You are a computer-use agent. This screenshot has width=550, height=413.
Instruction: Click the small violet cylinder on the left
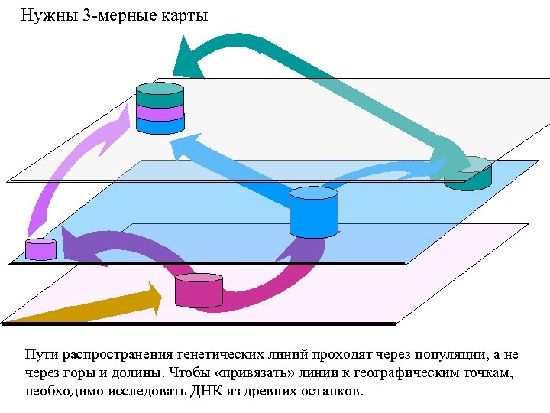40,249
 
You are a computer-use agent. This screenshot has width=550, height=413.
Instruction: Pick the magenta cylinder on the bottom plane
199,291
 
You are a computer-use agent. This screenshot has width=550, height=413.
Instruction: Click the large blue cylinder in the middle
313,213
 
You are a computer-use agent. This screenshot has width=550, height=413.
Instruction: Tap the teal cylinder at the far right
468,174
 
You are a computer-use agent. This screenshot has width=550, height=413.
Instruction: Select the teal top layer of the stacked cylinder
160,95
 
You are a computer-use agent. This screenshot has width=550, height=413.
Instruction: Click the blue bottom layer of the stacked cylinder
160,125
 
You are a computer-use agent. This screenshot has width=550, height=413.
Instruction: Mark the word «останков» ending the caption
334,391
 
